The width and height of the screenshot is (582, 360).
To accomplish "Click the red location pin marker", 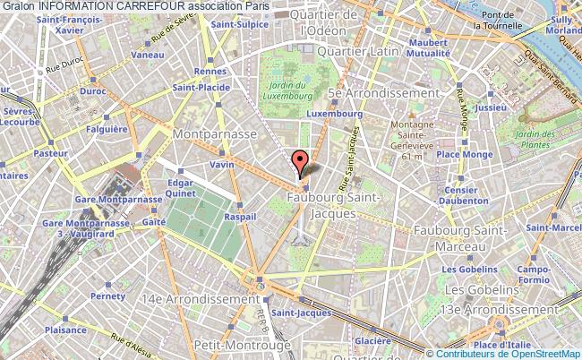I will pos(301,161).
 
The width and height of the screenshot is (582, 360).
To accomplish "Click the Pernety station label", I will pos(110,296).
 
